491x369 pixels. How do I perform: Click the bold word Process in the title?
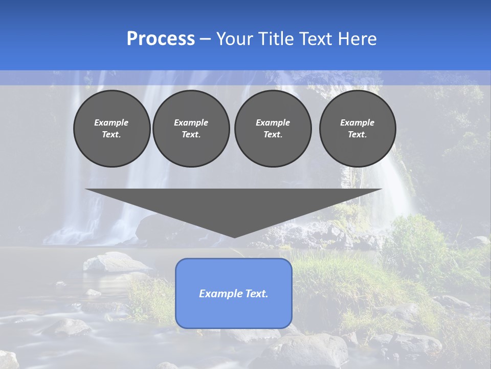(x=161, y=39)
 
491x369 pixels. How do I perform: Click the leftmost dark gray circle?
(x=111, y=129)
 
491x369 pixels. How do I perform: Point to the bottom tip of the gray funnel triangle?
(x=234, y=237)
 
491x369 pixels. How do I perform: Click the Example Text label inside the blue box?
(x=234, y=294)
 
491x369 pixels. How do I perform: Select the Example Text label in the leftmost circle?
(x=111, y=129)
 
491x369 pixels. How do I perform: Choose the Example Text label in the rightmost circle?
(x=358, y=129)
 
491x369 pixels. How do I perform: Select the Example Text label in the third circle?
(x=273, y=129)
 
